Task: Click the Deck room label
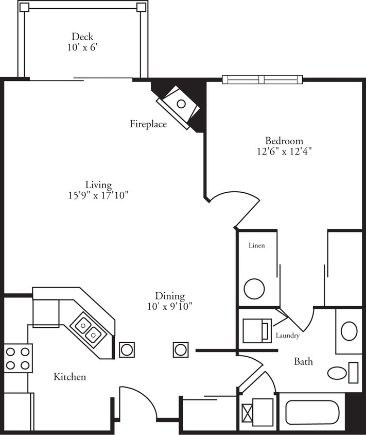pyautogui.click(x=82, y=37)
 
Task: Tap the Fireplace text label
pyautogui.click(x=148, y=124)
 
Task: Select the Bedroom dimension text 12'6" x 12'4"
pyautogui.click(x=284, y=152)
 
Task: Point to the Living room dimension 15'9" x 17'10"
pyautogui.click(x=99, y=195)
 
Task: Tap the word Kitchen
pyautogui.click(x=69, y=377)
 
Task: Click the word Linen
pyautogui.click(x=256, y=245)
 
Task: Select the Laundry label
pyautogui.click(x=287, y=336)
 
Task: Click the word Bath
pyautogui.click(x=303, y=361)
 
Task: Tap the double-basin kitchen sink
pyautogui.click(x=87, y=330)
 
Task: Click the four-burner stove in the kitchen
pyautogui.click(x=18, y=358)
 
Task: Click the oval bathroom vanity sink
pyautogui.click(x=348, y=331)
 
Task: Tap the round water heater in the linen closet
pyautogui.click(x=254, y=289)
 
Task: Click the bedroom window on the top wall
pyautogui.click(x=263, y=79)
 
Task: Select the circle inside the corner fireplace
pyautogui.click(x=181, y=104)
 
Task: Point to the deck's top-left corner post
pyautogui.click(x=24, y=7)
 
